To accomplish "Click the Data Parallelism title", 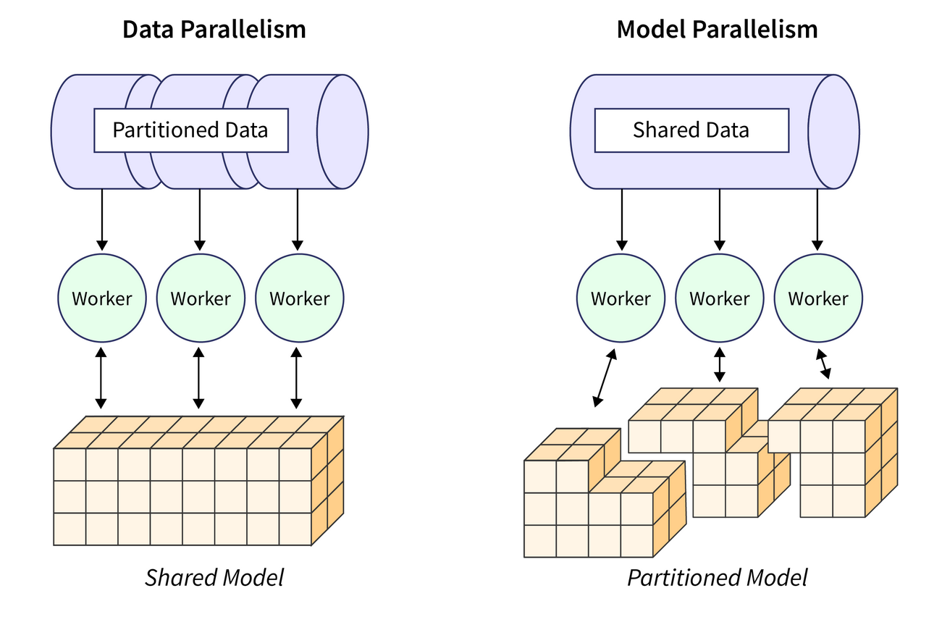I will [214, 30].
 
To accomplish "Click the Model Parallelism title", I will [717, 30].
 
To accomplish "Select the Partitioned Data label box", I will [191, 130].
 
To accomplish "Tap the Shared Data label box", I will [691, 130].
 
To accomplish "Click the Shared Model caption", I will [214, 578].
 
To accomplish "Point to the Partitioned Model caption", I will [717, 578].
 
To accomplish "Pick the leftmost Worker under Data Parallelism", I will [102, 298].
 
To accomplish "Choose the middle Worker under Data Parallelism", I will [201, 298].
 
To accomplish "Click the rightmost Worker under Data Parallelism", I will [299, 298].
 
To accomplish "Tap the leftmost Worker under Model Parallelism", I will [621, 298].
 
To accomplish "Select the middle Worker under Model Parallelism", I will [719, 298].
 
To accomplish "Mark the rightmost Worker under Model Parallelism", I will [818, 298].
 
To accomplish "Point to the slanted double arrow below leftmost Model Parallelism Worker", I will [605, 377].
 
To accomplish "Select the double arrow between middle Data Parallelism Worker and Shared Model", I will [199, 377].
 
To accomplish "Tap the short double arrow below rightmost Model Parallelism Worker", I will [823, 364].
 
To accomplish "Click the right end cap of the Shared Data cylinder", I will [833, 131].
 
